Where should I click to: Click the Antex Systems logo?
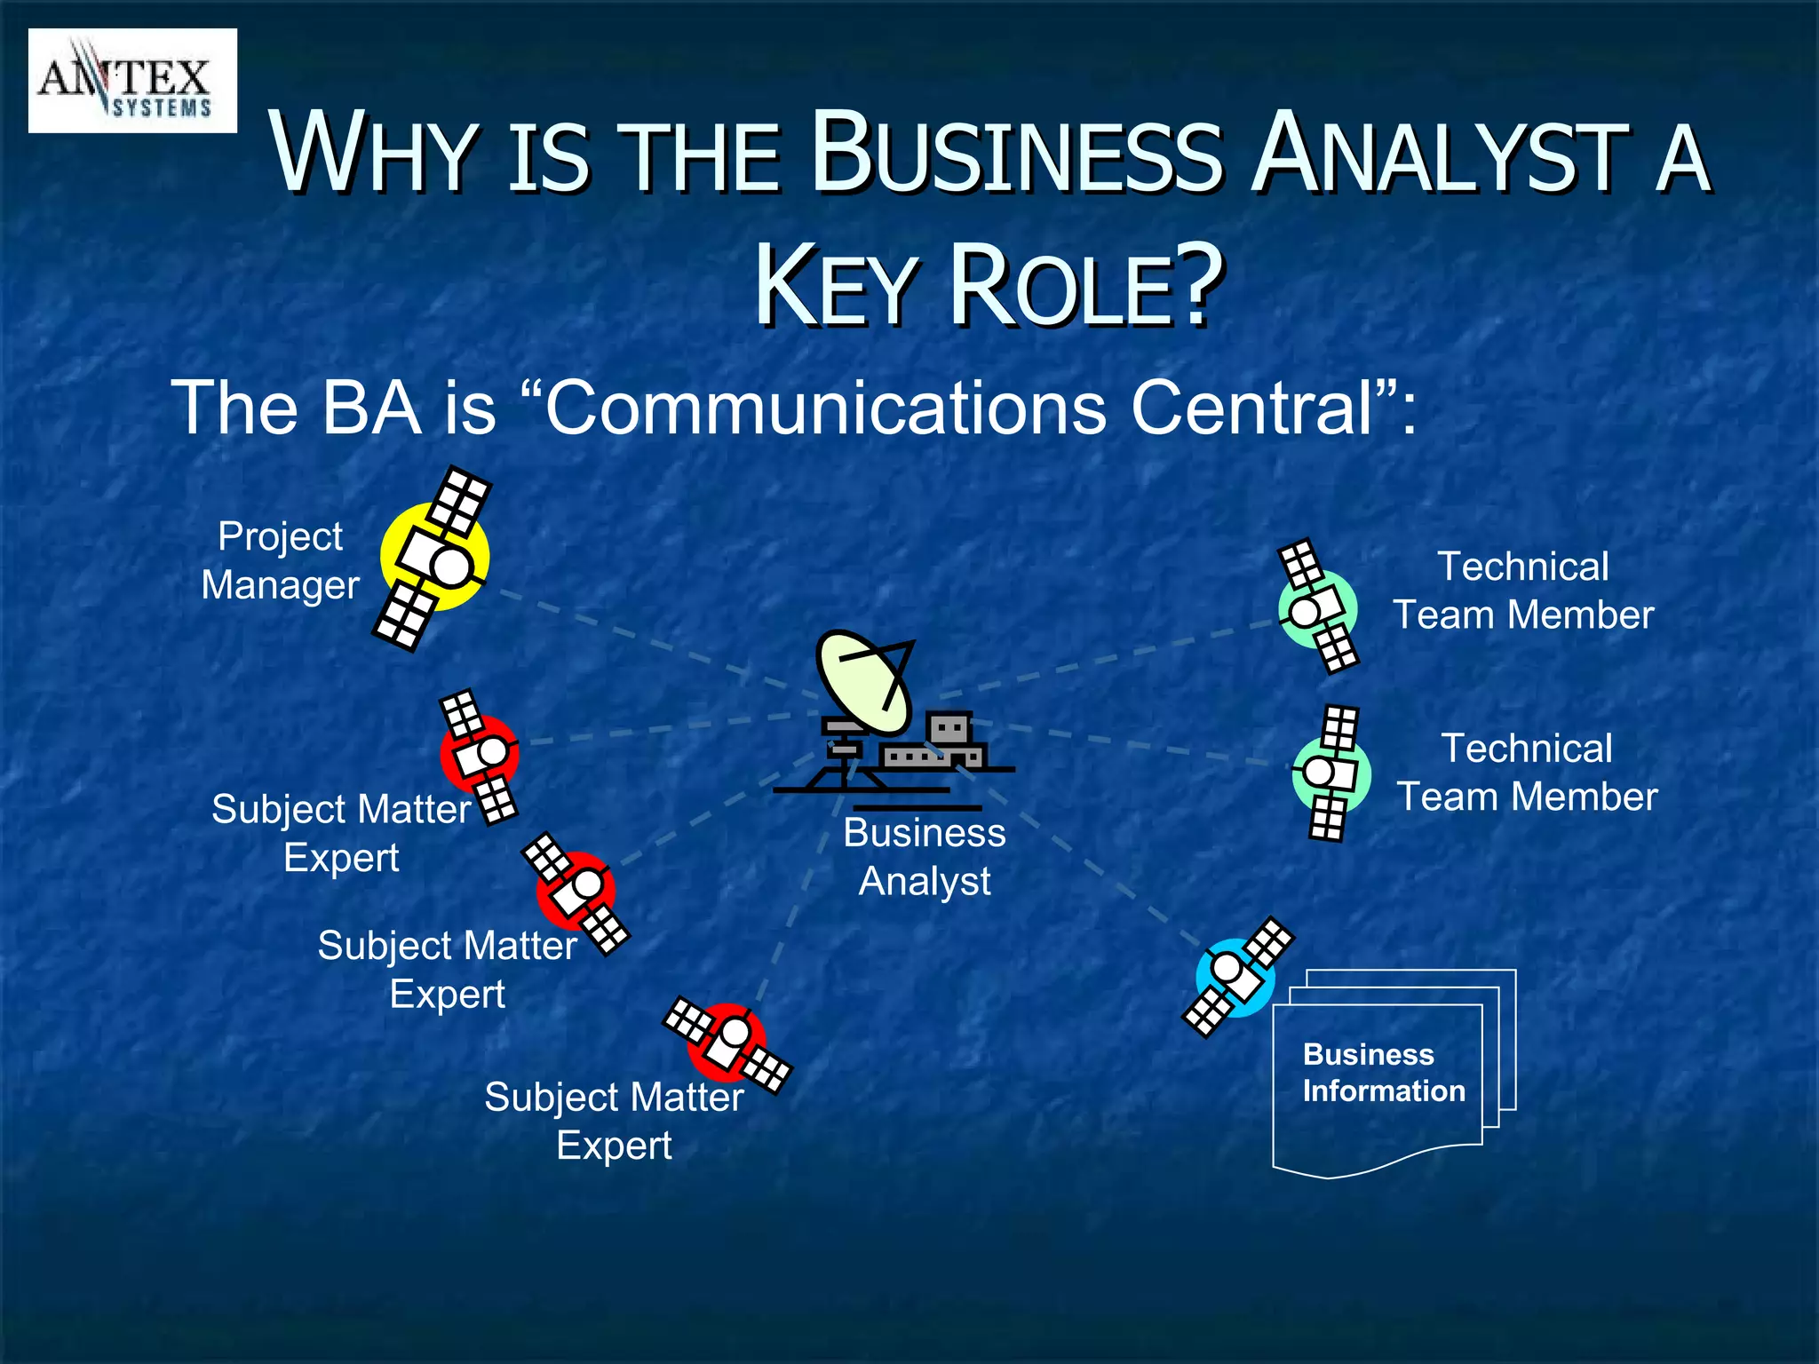tap(132, 81)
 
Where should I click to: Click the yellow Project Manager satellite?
tap(434, 559)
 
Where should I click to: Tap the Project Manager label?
tap(280, 560)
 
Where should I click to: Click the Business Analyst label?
tap(925, 857)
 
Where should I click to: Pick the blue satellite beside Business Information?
tap(1236, 977)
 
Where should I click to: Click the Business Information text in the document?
tap(1383, 1073)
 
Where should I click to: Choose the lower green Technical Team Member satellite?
tap(1330, 773)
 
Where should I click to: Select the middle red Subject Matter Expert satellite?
tap(576, 892)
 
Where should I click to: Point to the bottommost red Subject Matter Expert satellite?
tap(727, 1043)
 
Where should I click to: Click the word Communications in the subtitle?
tap(826, 408)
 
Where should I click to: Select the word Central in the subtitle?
tap(1252, 408)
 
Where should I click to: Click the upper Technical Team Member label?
tap(1522, 591)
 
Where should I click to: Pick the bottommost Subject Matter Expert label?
tap(614, 1121)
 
